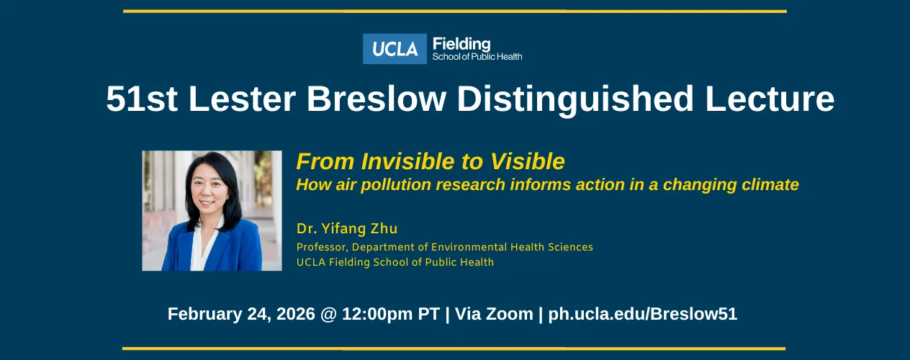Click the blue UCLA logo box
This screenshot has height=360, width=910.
395,49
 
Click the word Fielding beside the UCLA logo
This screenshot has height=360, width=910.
461,44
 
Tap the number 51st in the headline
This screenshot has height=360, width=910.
142,99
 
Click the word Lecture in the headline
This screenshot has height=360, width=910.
770,99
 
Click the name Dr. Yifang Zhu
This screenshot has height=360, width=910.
346,229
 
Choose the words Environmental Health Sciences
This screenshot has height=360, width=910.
511,247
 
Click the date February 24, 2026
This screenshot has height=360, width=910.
241,314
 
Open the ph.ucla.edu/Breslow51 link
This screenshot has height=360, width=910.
642,314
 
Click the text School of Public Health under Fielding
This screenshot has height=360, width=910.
477,56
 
